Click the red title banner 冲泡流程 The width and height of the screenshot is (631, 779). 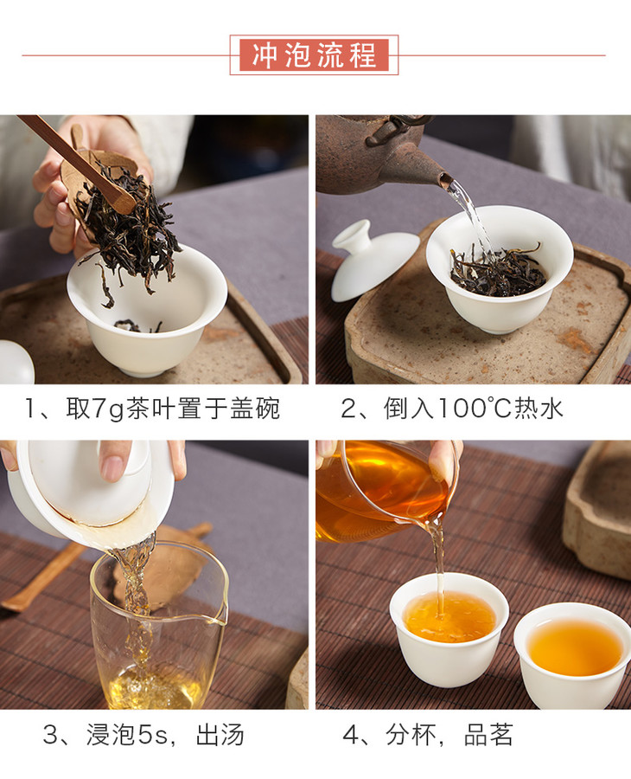pyautogui.click(x=314, y=55)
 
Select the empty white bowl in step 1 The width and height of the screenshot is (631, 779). pyautogui.click(x=147, y=311)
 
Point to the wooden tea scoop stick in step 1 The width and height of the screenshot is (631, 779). pyautogui.click(x=77, y=163)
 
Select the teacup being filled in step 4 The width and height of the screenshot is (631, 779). pyautogui.click(x=449, y=628)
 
